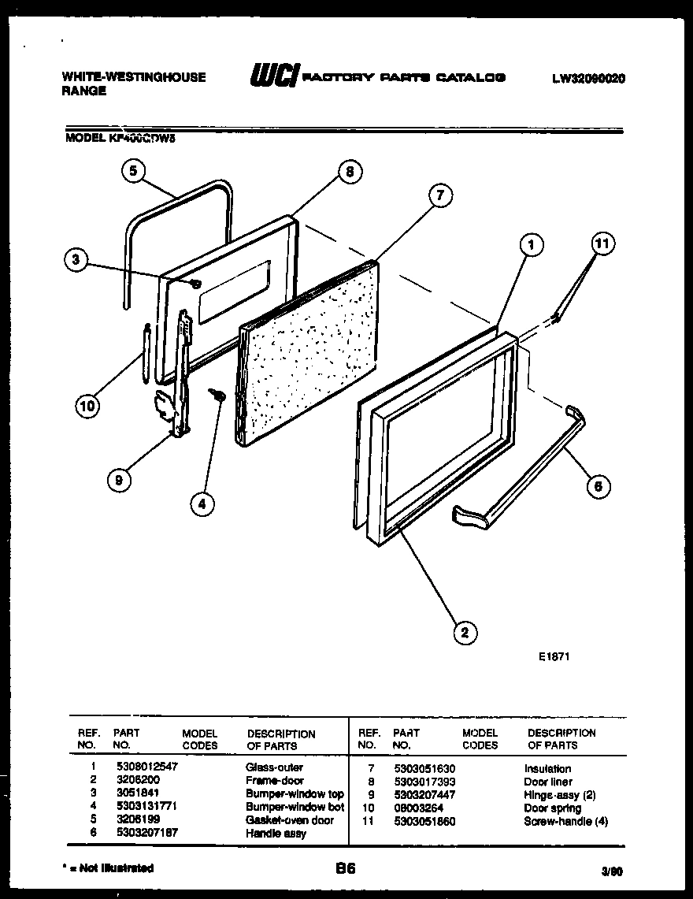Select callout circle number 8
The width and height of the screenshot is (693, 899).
(349, 172)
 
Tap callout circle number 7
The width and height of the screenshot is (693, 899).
(441, 195)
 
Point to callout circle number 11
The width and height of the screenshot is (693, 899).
(602, 244)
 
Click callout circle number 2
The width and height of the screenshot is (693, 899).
(465, 631)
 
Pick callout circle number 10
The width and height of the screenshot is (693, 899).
(89, 406)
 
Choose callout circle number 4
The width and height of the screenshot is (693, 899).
(202, 504)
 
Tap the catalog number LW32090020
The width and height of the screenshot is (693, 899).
(589, 78)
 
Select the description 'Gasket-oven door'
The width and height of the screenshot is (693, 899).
(289, 820)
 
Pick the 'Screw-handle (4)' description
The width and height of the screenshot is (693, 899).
(565, 822)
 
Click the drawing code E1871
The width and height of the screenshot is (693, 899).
(553, 655)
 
